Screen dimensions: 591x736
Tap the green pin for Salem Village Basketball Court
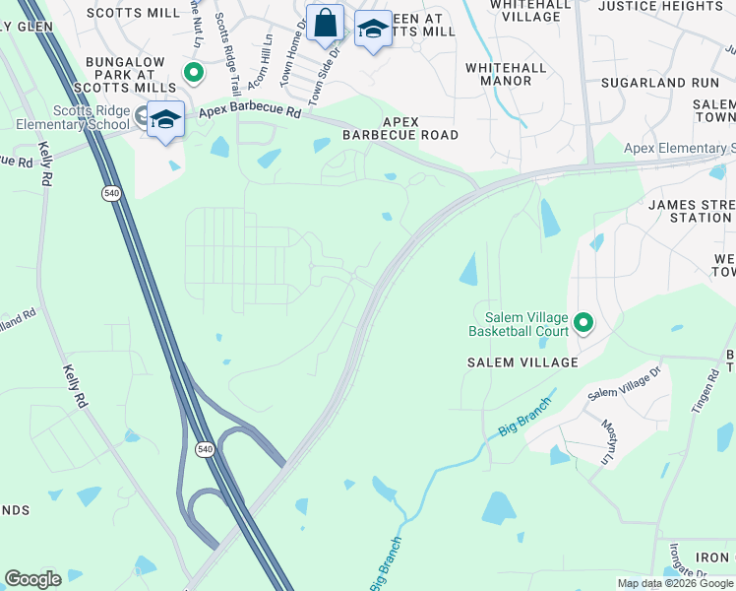583,322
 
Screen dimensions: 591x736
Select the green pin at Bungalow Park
194,72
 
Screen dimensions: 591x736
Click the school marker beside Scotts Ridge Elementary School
166,120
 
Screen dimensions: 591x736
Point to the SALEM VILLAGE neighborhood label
521,362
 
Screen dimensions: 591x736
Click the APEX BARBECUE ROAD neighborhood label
400,128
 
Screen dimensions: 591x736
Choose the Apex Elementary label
679,149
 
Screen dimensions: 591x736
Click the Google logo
32,579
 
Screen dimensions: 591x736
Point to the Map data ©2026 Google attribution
674,583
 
